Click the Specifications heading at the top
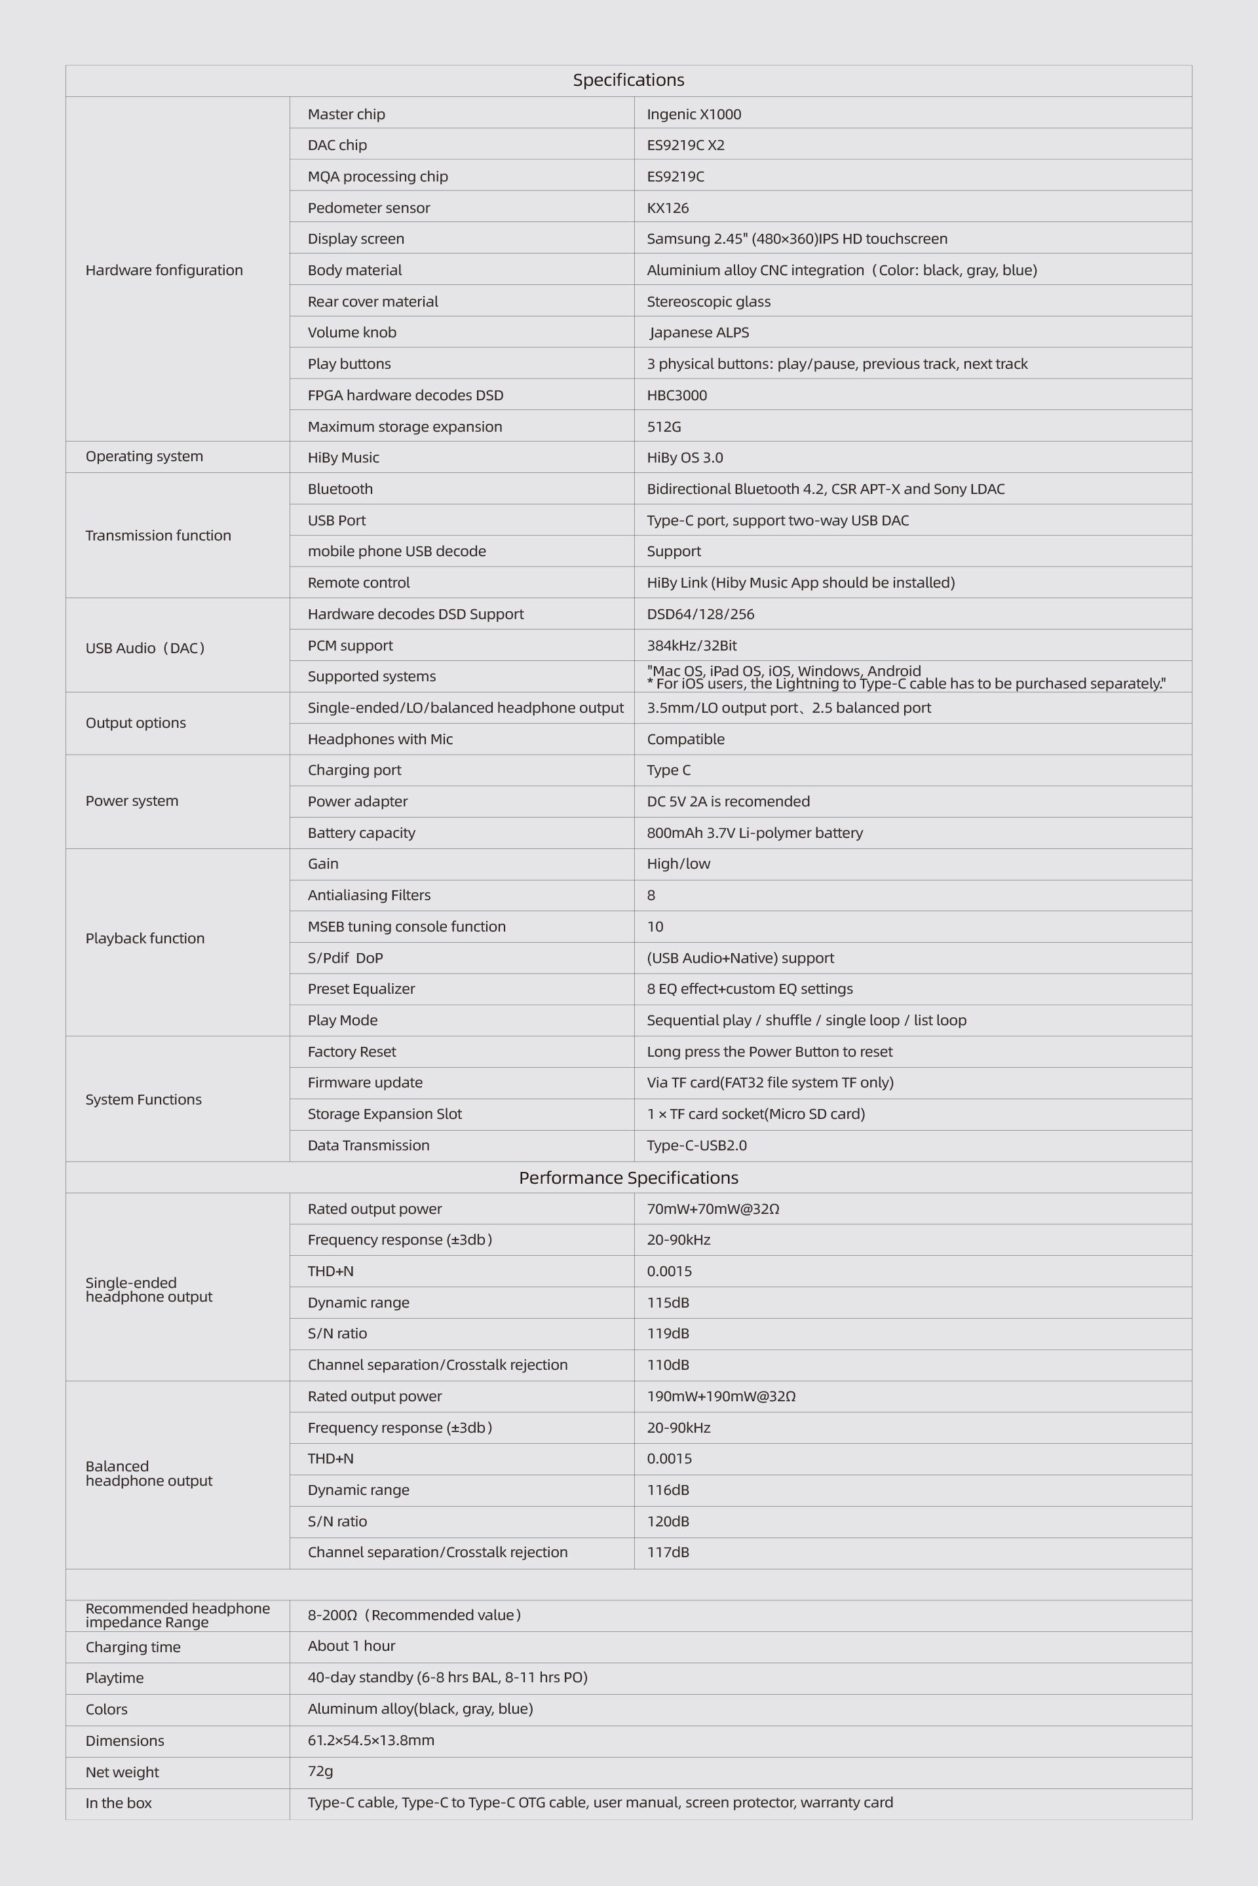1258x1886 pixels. pos(628,80)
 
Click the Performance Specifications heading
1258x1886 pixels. pos(628,1178)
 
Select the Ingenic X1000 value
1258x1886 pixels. pos(694,114)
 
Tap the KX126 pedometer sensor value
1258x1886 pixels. pos(668,208)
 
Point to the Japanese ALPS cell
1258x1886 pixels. pos(699,332)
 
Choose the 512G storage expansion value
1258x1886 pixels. pos(664,426)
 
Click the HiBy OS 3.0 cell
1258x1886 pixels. pos(684,457)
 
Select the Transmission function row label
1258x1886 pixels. pos(158,535)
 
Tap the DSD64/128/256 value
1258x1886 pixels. pos(700,614)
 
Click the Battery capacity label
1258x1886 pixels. pos(361,833)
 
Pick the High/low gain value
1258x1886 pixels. pos(678,863)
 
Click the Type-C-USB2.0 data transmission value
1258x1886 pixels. pos(696,1144)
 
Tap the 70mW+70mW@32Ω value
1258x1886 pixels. pos(712,1209)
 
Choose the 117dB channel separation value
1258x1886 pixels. pos(668,1551)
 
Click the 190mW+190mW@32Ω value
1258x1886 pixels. pos(721,1396)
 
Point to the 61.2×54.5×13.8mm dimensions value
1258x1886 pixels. pos(371,1740)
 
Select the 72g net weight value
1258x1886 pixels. pos(320,1771)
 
